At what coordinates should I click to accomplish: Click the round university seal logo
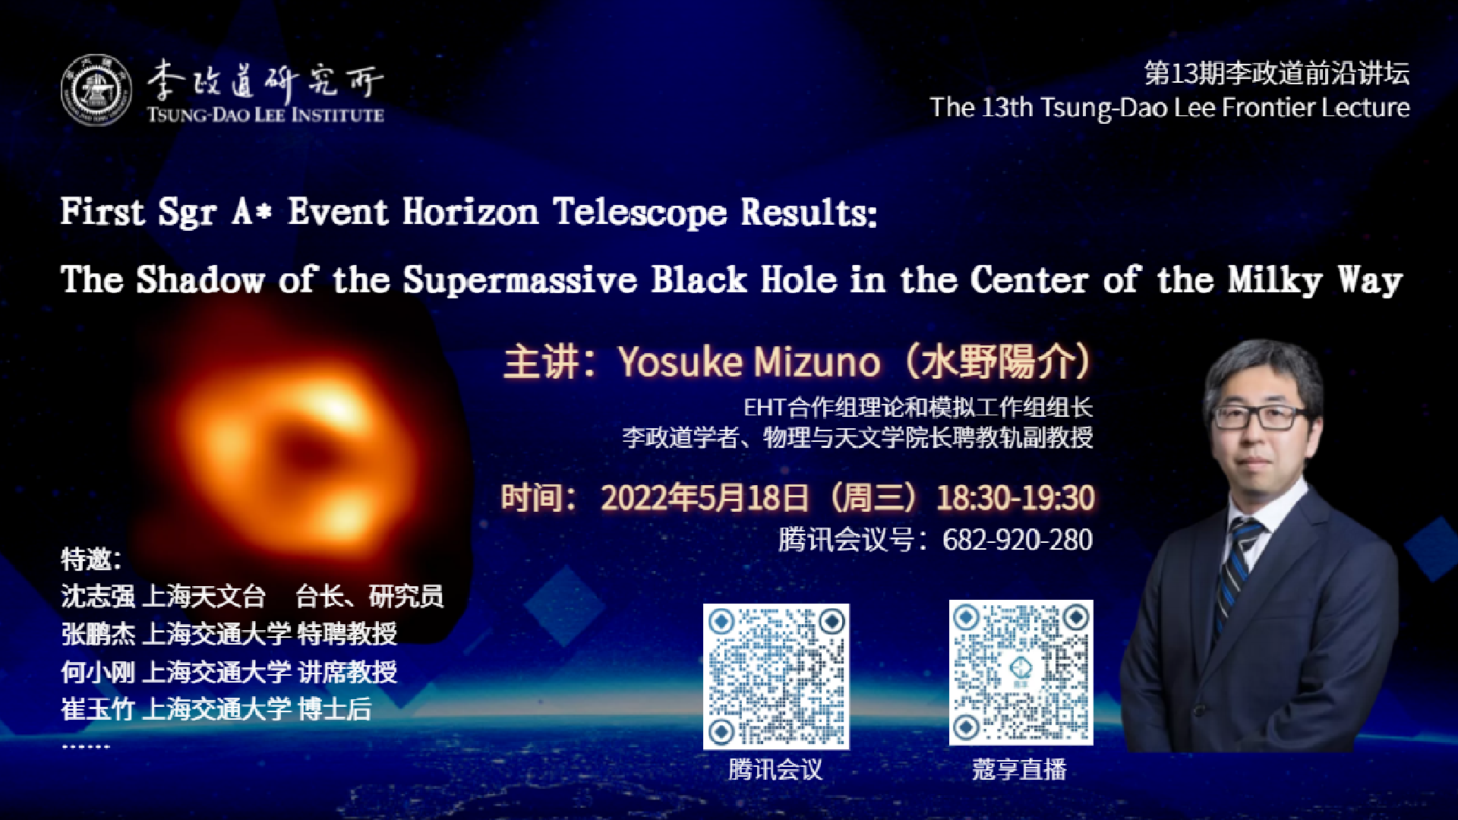click(x=96, y=90)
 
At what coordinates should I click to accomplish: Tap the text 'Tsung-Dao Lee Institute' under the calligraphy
click(x=265, y=115)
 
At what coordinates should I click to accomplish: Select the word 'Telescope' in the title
click(x=640, y=213)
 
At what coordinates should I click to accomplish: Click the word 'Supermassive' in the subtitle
click(x=520, y=280)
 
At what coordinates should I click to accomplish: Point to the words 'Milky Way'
click(x=1316, y=279)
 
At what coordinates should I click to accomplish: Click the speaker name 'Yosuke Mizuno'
click(x=750, y=361)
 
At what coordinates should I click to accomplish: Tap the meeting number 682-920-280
click(x=1018, y=540)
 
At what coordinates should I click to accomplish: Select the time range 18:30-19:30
click(x=1015, y=498)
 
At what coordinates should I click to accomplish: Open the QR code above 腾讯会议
click(x=776, y=676)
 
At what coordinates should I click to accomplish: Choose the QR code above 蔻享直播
click(x=1021, y=673)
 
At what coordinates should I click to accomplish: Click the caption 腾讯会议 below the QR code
click(x=775, y=770)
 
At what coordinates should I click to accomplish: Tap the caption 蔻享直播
click(x=1020, y=770)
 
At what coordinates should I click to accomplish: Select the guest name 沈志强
click(x=98, y=597)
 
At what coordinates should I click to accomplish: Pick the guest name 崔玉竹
click(x=98, y=709)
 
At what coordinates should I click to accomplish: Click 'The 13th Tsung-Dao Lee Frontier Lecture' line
click(x=1169, y=108)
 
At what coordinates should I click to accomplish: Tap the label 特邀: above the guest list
click(x=91, y=560)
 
